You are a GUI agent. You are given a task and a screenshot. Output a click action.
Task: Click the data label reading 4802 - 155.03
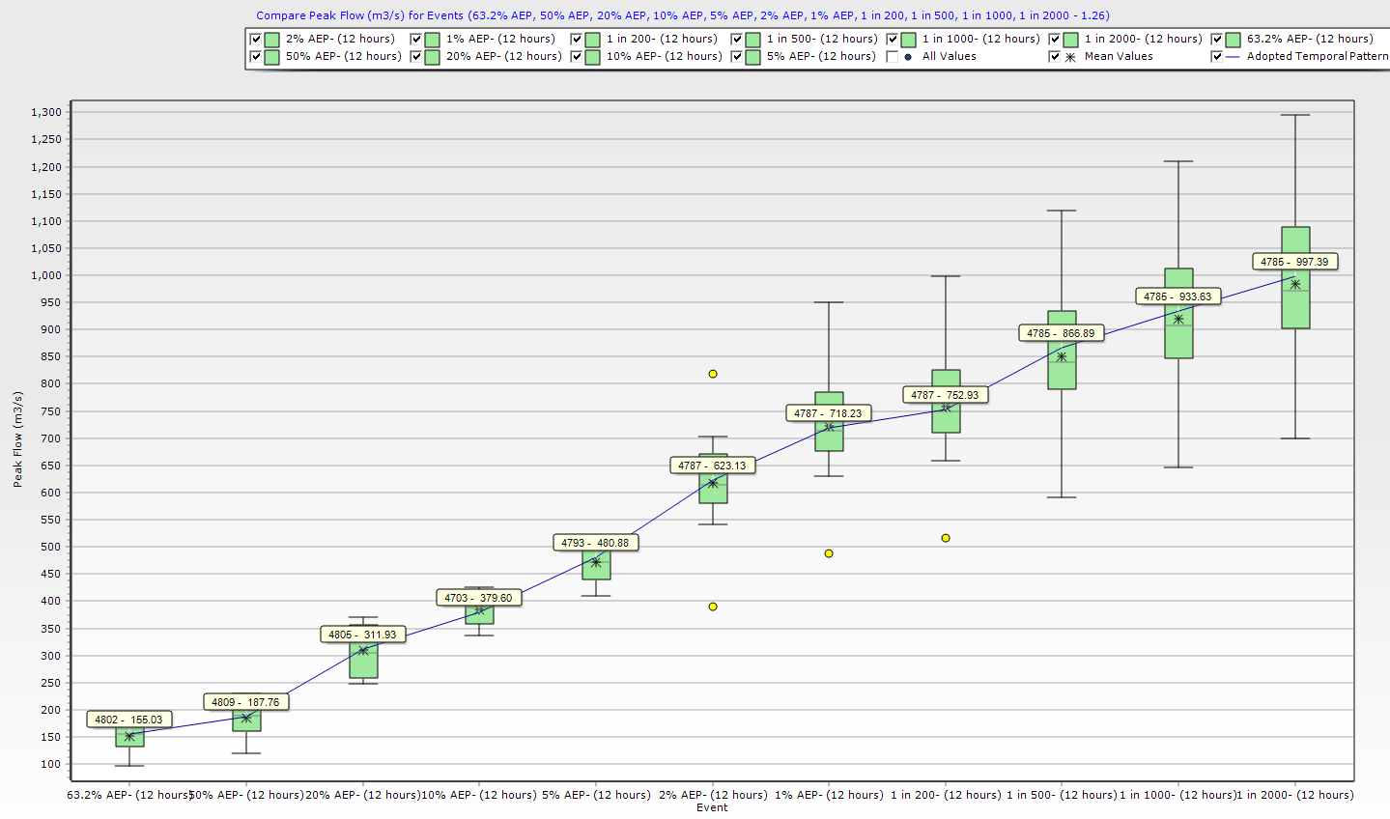point(128,720)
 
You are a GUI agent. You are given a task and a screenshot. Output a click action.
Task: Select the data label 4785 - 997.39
point(1294,262)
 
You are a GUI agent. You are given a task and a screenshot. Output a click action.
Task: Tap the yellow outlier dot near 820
point(713,374)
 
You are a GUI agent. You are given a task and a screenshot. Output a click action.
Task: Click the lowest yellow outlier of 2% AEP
point(713,607)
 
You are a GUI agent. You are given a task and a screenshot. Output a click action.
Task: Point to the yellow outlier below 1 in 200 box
point(946,538)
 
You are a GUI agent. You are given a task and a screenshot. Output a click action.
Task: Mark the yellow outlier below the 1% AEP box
point(829,553)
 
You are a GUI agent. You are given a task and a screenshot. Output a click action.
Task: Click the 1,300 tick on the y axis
point(46,112)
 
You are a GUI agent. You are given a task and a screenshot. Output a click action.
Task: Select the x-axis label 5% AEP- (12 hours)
point(596,795)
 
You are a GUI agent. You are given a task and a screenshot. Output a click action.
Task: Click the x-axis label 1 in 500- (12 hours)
point(1062,795)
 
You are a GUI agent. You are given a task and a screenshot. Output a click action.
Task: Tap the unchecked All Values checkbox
point(893,57)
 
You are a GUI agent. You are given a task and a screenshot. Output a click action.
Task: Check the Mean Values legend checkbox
point(1055,57)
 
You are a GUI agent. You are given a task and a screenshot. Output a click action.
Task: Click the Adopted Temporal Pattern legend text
point(1317,56)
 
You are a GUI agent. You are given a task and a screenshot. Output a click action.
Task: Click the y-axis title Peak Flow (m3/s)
point(17,439)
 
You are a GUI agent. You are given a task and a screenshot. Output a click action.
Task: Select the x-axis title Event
point(712,807)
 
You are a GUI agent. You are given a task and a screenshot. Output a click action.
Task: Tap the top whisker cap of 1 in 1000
point(1178,161)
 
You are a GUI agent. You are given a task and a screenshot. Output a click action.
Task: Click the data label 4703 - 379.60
point(478,598)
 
